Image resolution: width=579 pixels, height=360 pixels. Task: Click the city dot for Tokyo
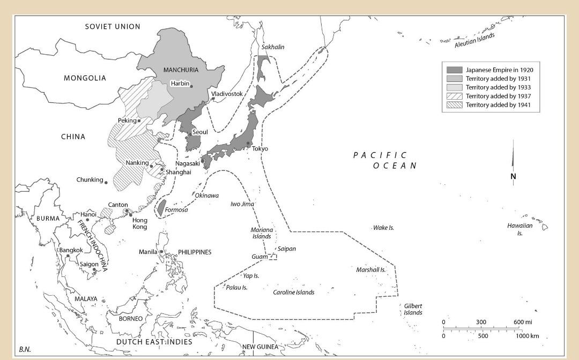(248, 143)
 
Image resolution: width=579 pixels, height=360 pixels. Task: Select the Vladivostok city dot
(213, 99)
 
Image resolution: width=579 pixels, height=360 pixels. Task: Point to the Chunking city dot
(106, 183)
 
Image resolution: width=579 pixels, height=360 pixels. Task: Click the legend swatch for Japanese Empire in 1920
(455, 70)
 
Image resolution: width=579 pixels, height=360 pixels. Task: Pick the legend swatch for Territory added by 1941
(455, 104)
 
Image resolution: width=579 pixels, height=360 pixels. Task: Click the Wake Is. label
(384, 228)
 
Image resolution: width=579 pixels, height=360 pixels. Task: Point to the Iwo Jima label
(242, 204)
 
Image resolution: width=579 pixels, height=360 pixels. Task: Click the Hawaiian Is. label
(519, 229)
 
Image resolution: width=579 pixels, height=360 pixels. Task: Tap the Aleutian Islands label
(474, 40)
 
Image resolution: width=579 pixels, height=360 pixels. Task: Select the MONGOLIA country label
(85, 78)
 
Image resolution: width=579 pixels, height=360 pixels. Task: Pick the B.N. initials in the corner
(25, 349)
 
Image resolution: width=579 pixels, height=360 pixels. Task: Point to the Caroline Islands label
(293, 292)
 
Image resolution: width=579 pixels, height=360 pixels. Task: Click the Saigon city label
(90, 264)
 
